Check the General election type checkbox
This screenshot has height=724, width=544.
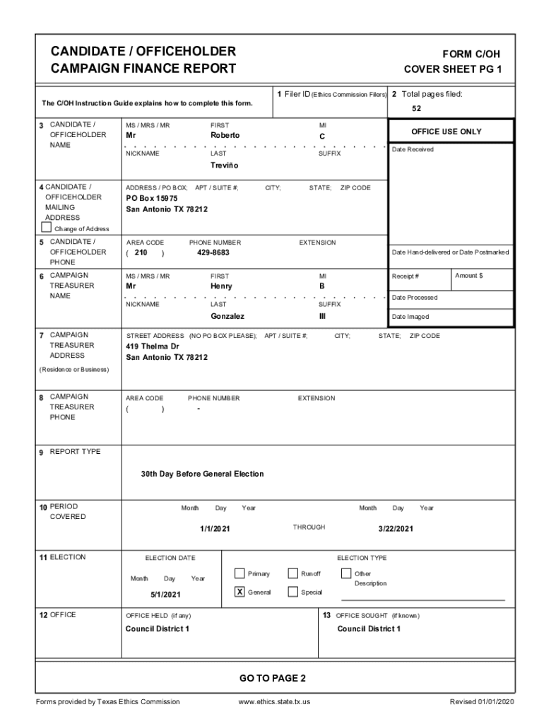(x=240, y=592)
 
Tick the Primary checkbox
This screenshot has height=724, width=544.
(x=240, y=573)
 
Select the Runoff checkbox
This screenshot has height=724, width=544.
(x=292, y=573)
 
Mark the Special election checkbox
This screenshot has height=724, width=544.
(x=292, y=592)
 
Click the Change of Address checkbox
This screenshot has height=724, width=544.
(x=47, y=228)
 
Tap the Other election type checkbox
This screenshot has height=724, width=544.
(x=346, y=573)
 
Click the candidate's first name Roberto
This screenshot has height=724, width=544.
(x=225, y=135)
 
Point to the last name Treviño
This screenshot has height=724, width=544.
(x=225, y=165)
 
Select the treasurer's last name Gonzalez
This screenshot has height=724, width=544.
(x=227, y=316)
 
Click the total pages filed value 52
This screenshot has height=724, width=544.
(x=417, y=109)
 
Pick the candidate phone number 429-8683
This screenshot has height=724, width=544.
(x=213, y=252)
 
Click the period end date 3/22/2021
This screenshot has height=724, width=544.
(x=396, y=528)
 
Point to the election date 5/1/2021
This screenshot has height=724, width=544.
(x=166, y=595)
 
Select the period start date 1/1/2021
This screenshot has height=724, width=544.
(x=215, y=528)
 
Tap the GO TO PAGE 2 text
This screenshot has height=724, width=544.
(x=272, y=679)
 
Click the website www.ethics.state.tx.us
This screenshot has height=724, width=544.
(x=275, y=701)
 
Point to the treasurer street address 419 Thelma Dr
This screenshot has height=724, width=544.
(x=152, y=346)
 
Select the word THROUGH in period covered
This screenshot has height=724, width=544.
(x=309, y=527)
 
